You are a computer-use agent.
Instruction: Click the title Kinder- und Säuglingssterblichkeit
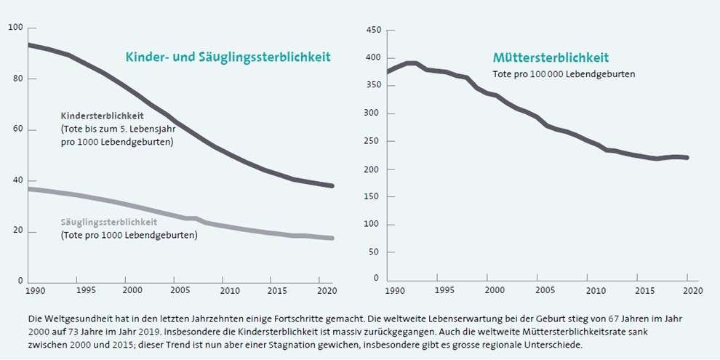tap(228, 57)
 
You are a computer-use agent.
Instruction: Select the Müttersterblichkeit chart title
tap(551, 58)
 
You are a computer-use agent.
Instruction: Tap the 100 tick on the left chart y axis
tap(15, 28)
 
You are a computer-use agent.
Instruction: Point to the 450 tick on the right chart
tap(374, 30)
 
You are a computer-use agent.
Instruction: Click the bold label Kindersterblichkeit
tap(102, 116)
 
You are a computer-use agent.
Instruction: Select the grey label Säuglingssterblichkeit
tap(109, 223)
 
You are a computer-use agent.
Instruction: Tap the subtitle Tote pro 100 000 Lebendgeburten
tap(564, 74)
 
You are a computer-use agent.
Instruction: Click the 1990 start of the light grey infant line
tap(28, 189)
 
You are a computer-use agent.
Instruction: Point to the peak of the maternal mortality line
tap(412, 63)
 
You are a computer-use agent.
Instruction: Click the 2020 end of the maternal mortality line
tap(687, 158)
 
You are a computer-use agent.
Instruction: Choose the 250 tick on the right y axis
tap(374, 141)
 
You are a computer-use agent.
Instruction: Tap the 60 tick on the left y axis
tap(17, 130)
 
